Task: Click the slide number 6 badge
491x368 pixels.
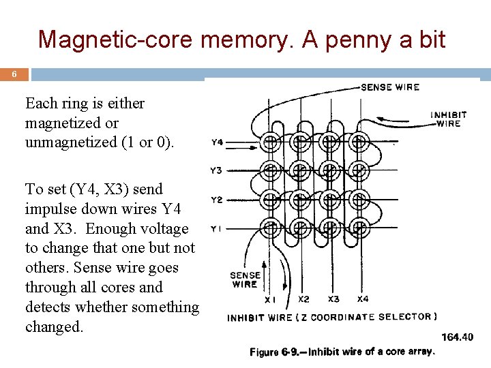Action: (14, 74)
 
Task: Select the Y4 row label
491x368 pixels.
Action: (217, 143)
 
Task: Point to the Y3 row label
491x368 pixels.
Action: (216, 170)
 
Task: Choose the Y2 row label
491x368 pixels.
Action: (216, 200)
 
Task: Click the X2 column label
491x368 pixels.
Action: (304, 298)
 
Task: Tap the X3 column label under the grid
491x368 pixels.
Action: (333, 298)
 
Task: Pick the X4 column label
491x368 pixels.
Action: (363, 298)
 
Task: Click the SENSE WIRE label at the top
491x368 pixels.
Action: (390, 87)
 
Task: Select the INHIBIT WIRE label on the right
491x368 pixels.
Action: (449, 119)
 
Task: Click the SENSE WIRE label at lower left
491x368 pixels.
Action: (245, 280)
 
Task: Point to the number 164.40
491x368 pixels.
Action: (458, 337)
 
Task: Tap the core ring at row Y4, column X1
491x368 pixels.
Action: (270, 143)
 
